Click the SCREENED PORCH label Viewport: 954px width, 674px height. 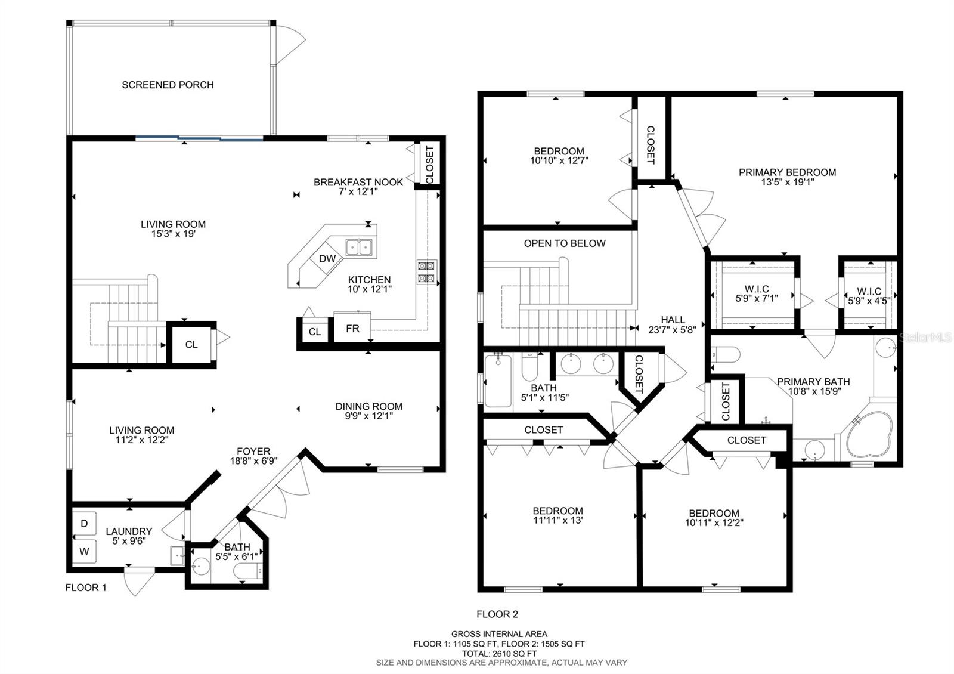tap(168, 85)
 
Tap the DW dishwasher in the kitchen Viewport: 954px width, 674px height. tap(327, 259)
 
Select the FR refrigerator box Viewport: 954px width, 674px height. tap(352, 327)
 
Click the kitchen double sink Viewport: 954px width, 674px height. tap(359, 247)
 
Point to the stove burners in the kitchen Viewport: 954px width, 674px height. tap(426, 272)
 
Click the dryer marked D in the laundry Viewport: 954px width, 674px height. tap(84, 524)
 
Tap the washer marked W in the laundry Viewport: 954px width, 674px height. tap(84, 551)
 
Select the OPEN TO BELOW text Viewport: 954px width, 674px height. tap(565, 243)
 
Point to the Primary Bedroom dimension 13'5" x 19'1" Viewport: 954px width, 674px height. tap(788, 183)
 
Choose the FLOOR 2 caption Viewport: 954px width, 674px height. tap(497, 614)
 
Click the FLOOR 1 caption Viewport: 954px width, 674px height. tap(86, 588)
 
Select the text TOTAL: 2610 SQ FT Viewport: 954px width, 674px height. tap(499, 654)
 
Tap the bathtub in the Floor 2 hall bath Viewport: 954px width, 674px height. tap(498, 381)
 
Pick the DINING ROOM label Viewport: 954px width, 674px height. tap(369, 406)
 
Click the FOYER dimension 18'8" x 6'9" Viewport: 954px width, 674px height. tap(254, 460)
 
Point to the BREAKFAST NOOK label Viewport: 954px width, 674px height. tap(358, 182)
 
